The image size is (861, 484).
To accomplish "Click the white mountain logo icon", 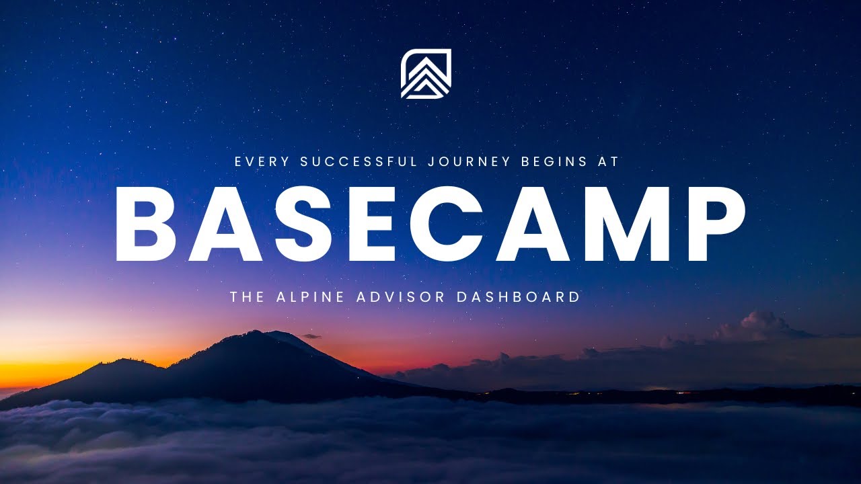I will click(426, 74).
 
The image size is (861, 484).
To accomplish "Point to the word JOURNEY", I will click(474, 161).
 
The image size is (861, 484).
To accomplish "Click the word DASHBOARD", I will click(519, 296).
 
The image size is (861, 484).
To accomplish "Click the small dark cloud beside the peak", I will click(311, 336).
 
